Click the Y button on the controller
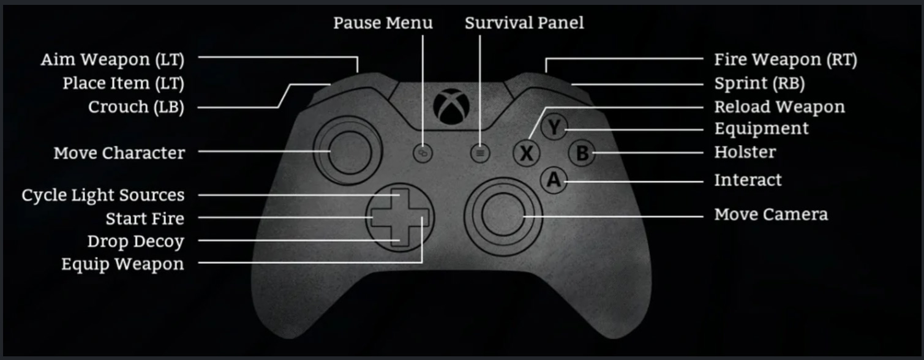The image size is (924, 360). [x=554, y=127]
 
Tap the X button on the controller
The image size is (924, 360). [x=527, y=154]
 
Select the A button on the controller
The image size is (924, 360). [x=554, y=180]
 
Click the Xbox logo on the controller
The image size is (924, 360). [x=451, y=107]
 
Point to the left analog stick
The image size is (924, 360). [x=348, y=151]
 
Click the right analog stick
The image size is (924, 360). [x=503, y=216]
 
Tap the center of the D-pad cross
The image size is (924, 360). [x=399, y=218]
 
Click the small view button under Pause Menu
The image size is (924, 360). [x=423, y=154]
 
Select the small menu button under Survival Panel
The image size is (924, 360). [x=480, y=154]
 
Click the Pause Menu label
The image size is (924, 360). [x=383, y=23]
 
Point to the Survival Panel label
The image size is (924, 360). [x=524, y=23]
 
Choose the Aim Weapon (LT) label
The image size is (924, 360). [x=113, y=60]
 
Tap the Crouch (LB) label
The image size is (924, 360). [x=136, y=107]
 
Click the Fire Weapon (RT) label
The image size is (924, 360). [x=786, y=60]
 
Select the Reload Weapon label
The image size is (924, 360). [x=779, y=107]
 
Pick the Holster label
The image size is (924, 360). [x=745, y=152]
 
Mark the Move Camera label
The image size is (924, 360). [x=771, y=214]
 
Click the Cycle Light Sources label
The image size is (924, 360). [x=103, y=195]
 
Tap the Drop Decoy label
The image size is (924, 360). [x=136, y=242]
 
